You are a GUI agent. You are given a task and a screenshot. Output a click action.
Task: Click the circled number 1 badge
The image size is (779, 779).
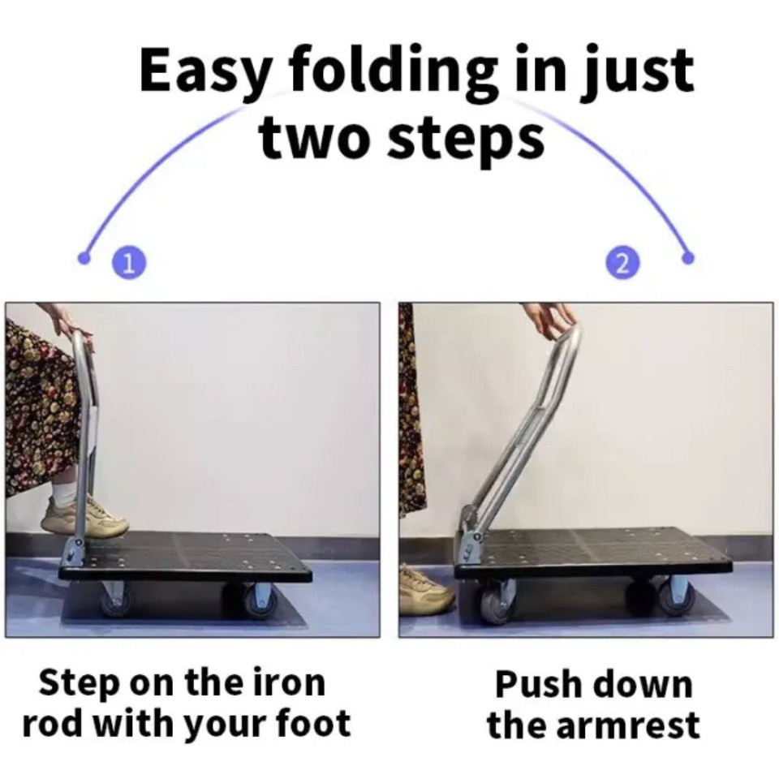(x=128, y=262)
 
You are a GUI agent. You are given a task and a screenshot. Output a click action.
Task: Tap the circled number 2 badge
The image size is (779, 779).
(x=622, y=262)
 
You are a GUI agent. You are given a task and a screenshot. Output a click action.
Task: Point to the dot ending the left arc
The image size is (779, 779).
(x=84, y=257)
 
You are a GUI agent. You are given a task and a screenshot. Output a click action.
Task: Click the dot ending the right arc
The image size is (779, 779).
(x=688, y=257)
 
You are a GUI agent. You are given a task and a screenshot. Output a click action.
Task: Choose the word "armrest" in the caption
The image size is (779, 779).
(x=627, y=725)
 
